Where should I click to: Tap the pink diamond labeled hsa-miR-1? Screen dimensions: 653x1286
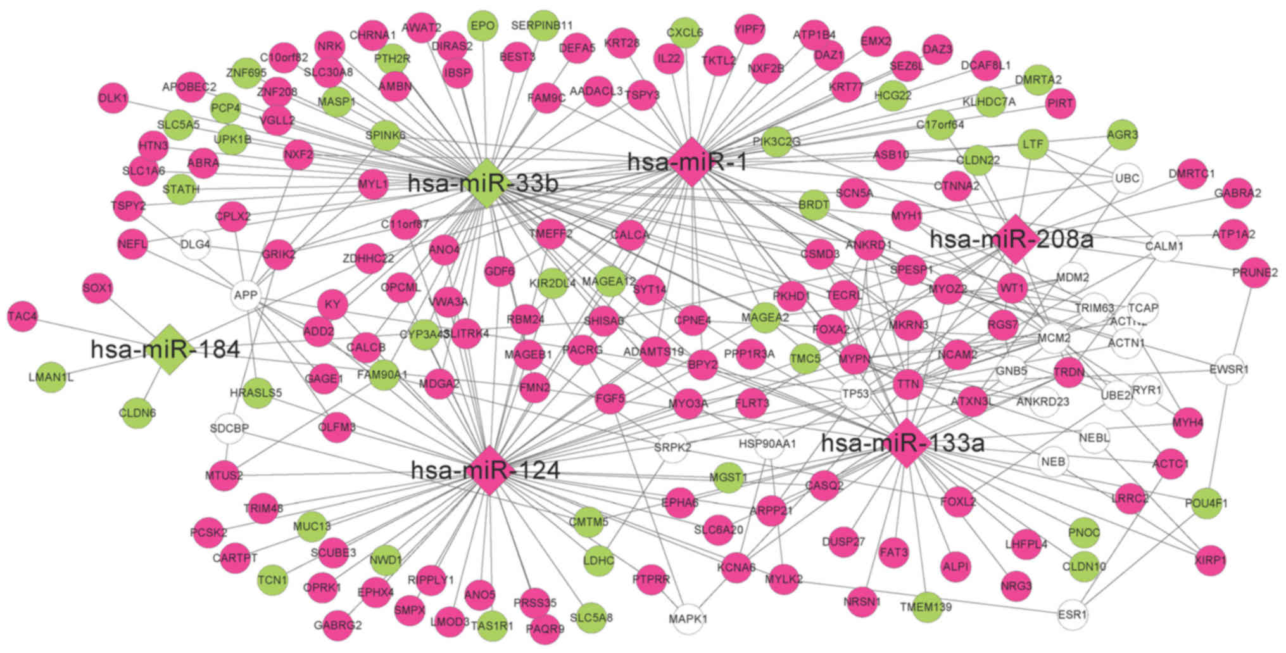point(691,162)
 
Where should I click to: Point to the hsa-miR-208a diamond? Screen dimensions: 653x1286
point(1015,239)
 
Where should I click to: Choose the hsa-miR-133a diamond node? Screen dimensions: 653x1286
point(905,443)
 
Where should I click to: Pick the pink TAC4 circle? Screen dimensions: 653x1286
point(23,316)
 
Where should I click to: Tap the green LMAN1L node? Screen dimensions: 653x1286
point(51,377)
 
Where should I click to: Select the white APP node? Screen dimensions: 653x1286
point(246,295)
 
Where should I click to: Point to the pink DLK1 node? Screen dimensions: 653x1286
point(113,98)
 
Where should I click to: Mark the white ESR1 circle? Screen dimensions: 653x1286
point(1073,614)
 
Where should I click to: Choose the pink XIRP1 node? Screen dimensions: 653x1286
point(1210,561)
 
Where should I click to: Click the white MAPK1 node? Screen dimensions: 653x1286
point(688,618)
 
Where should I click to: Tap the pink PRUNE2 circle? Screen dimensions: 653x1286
point(1254,273)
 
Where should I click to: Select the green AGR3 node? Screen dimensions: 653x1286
point(1123,135)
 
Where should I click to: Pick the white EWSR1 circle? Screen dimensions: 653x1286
point(1228,369)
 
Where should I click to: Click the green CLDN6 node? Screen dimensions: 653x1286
point(137,413)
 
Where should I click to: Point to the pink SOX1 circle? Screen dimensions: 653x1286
point(98,289)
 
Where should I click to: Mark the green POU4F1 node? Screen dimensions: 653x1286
point(1206,504)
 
